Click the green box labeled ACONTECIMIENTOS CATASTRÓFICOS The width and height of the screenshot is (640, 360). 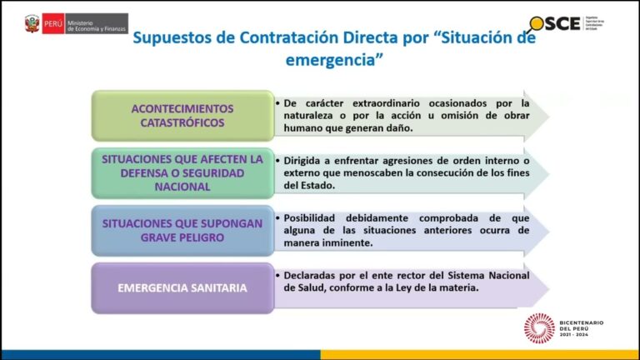click(182, 116)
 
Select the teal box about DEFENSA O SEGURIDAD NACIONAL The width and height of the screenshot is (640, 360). click(182, 172)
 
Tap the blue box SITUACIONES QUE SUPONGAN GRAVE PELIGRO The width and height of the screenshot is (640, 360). click(182, 230)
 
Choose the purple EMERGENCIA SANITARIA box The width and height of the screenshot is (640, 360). click(182, 288)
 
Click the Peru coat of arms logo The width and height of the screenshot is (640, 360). click(32, 23)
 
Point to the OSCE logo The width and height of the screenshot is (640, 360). click(555, 23)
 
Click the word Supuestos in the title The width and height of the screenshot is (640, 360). click(173, 38)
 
